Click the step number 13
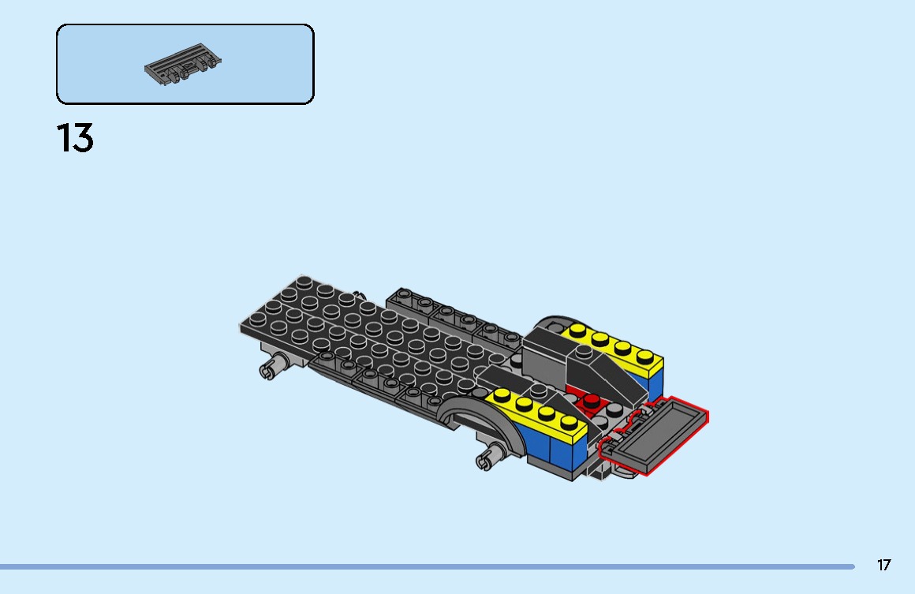tap(75, 138)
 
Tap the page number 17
tap(883, 565)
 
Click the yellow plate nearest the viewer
tap(536, 413)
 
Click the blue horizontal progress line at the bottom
tap(426, 566)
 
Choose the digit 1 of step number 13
tap(63, 138)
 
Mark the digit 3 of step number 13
tap(83, 138)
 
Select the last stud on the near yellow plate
tap(570, 422)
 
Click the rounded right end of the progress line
tap(853, 566)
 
